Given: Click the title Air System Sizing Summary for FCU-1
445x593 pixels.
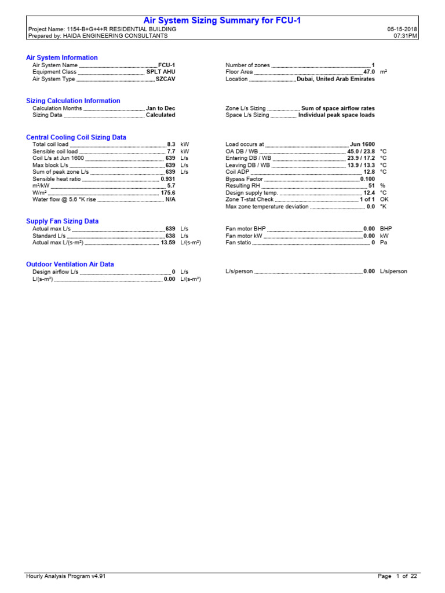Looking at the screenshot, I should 222,21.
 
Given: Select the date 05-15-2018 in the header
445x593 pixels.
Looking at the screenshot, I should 402,29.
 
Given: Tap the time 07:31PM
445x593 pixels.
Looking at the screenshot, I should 405,36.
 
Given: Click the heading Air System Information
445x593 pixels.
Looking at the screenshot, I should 62,58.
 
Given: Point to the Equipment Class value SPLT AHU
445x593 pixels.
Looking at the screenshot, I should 161,72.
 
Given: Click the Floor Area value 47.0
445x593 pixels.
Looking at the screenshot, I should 369,72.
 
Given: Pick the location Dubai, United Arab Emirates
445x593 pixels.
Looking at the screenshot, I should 335,79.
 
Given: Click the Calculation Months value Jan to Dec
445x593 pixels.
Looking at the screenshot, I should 161,108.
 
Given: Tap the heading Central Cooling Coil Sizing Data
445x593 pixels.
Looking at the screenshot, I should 76,137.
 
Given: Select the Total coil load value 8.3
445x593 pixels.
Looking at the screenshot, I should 171,144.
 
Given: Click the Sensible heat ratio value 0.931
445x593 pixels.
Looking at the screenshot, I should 167,179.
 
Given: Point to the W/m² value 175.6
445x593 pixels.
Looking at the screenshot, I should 167,193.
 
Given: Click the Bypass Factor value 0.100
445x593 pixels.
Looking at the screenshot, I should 367,179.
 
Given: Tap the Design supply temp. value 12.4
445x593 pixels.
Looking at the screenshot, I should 369,193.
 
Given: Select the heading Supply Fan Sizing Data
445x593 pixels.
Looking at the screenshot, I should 62,221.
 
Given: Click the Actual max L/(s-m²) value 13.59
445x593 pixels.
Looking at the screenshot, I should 167,243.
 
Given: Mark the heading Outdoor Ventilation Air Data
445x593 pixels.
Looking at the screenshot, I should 70,264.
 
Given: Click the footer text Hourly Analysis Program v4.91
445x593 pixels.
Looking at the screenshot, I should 65,576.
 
